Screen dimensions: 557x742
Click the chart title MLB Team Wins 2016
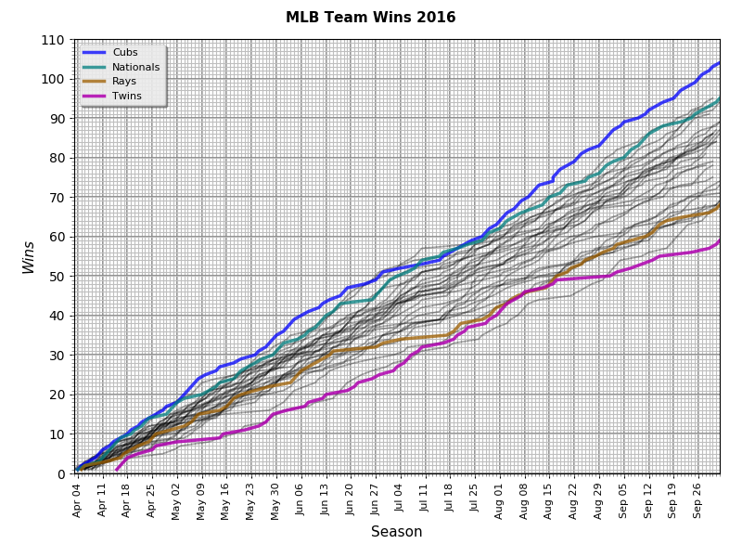pyautogui.click(x=370, y=18)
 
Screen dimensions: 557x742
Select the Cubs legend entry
pyautogui.click(x=125, y=53)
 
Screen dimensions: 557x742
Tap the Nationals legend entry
pyautogui.click(x=135, y=67)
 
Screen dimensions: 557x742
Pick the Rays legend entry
pyautogui.click(x=124, y=82)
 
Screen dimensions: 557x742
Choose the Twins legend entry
pyautogui.click(x=126, y=96)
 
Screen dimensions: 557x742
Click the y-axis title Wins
pyautogui.click(x=29, y=257)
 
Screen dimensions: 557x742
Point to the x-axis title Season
pyautogui.click(x=396, y=532)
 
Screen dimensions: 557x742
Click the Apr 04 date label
pyautogui.click(x=78, y=498)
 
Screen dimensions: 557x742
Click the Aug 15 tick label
pyautogui.click(x=549, y=498)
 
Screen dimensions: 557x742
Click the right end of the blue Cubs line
pyautogui.click(x=719, y=63)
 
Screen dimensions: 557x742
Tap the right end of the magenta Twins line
pyautogui.click(x=719, y=240)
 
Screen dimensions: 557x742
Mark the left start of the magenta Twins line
pyautogui.click(x=117, y=469)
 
